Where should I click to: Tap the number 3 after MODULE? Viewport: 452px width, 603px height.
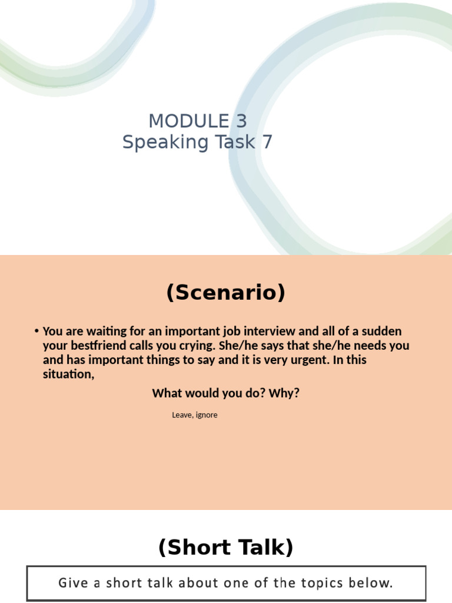point(241,121)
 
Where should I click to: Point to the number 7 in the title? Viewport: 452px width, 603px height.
point(267,143)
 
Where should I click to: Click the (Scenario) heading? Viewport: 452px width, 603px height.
point(226,293)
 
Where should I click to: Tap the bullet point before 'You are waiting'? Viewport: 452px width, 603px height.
point(36,332)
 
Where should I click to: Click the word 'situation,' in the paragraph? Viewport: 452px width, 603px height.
point(68,374)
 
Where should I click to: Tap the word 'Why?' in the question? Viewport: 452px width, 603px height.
point(284,393)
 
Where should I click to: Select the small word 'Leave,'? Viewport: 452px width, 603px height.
point(181,415)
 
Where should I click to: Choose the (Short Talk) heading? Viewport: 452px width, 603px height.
point(226,548)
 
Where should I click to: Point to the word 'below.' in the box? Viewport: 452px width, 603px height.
point(372,584)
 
